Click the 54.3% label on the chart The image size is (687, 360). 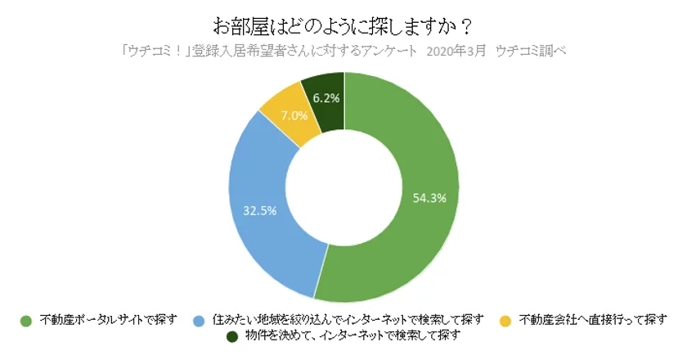click(x=429, y=197)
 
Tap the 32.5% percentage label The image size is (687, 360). click(x=259, y=210)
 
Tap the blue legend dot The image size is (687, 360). click(x=199, y=319)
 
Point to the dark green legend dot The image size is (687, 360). click(x=231, y=335)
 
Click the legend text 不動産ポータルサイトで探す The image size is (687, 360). click(x=107, y=319)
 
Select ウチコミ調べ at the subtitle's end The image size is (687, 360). click(x=532, y=50)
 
